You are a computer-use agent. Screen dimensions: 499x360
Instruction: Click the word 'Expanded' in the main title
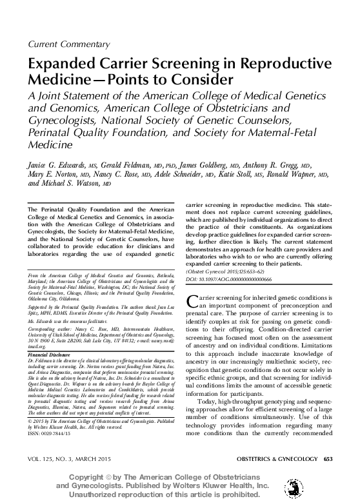tap(61, 66)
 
